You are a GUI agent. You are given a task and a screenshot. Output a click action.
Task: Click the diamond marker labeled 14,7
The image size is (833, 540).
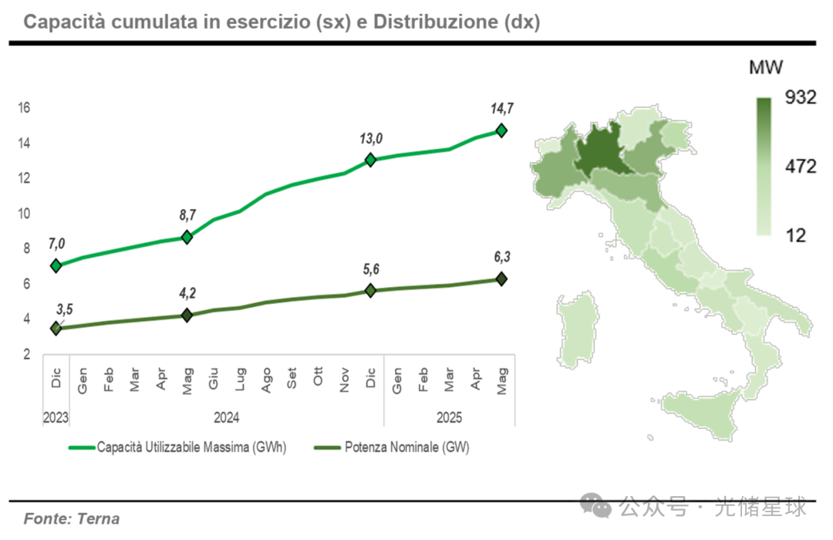tap(501, 130)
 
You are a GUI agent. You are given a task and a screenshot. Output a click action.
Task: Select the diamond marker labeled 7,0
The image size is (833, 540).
tap(56, 265)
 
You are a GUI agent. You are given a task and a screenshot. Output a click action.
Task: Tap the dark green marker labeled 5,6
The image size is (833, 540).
tap(370, 290)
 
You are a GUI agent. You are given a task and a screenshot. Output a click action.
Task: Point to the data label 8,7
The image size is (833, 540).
tap(187, 215)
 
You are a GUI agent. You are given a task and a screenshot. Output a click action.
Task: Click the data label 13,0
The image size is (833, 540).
tap(370, 139)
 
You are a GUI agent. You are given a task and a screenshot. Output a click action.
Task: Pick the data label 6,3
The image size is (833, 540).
tap(501, 258)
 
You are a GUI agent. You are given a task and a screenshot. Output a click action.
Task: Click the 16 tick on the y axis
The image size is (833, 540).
tap(24, 107)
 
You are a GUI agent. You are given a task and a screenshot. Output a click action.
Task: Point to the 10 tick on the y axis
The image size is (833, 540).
tap(24, 213)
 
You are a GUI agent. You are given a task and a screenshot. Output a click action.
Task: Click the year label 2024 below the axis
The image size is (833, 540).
tap(226, 417)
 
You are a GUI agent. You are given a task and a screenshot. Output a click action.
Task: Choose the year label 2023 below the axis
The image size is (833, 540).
tap(56, 417)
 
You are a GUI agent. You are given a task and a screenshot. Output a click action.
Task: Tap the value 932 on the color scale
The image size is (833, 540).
tap(801, 98)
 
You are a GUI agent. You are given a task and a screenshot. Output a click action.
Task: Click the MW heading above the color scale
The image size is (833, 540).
tap(766, 68)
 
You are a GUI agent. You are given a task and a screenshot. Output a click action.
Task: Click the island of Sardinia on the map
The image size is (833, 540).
tap(578, 328)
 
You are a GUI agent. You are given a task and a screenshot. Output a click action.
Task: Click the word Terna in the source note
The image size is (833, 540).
tap(99, 518)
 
